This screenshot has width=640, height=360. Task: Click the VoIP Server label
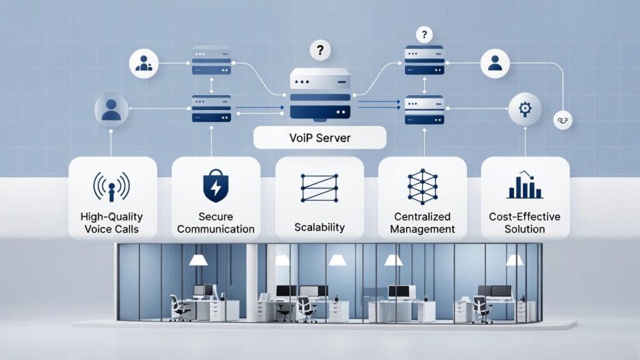point(319,137)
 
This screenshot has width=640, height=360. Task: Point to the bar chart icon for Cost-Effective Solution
point(525,186)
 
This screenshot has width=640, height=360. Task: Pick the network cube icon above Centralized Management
point(422,186)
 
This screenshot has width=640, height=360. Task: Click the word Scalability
point(319,227)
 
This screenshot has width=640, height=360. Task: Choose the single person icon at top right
point(495,63)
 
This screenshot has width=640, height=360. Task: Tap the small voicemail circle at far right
point(562,120)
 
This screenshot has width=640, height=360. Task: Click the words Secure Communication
point(216,223)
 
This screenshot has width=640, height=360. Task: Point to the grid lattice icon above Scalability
point(319,187)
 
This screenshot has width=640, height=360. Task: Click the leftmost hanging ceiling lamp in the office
point(198,259)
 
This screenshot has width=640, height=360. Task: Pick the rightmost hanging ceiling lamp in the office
point(514,259)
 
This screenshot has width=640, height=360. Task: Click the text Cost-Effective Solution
point(526,223)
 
